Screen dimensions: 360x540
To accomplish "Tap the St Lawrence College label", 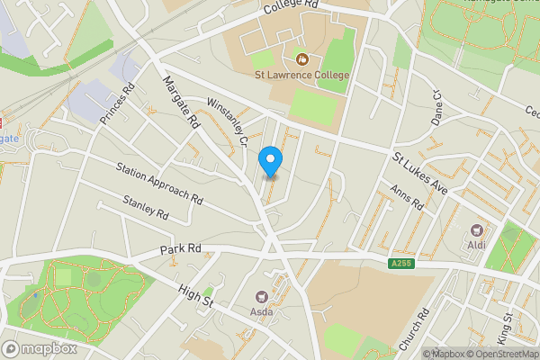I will coord(300,75).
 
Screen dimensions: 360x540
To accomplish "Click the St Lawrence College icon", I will coord(301,59).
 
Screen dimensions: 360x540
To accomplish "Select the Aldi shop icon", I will coord(476,231).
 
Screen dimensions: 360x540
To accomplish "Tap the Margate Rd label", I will coord(180,102).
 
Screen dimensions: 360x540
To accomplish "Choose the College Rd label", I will coord(292,7).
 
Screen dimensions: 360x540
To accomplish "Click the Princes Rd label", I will coord(118,103).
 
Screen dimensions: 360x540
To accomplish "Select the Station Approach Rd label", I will coord(159,181).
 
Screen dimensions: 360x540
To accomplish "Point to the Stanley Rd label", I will coord(146,210).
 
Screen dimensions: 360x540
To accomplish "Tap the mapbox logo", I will coord(40,348).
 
